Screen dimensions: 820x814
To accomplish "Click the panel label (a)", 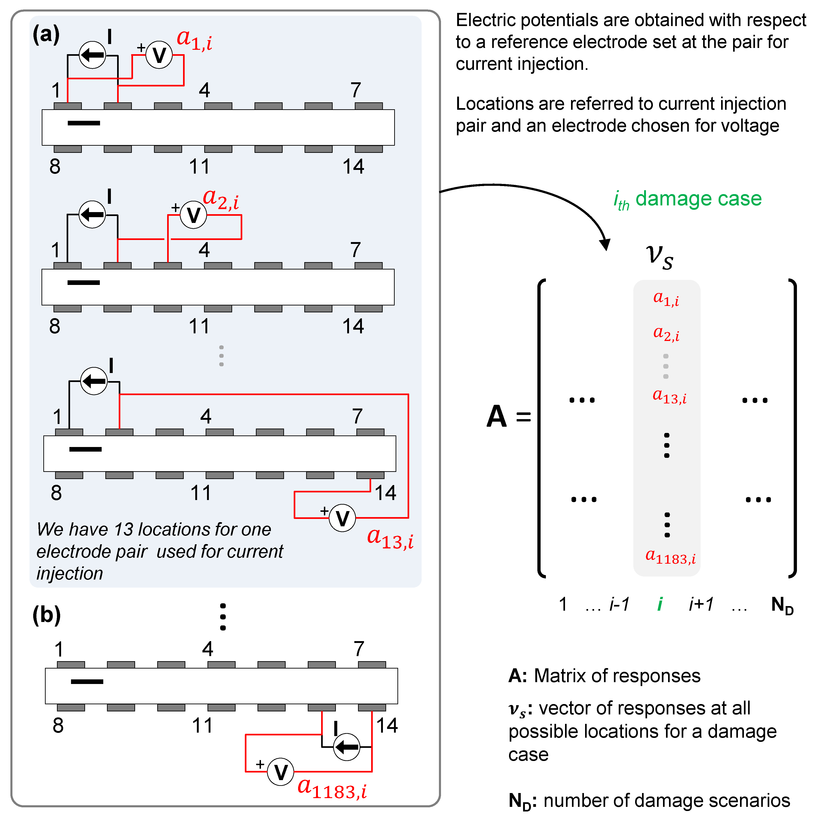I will (46, 34).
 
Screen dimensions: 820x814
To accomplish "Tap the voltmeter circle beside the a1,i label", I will (159, 55).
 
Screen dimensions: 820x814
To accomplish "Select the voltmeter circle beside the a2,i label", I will (193, 215).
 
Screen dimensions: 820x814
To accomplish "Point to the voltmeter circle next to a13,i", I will (343, 518).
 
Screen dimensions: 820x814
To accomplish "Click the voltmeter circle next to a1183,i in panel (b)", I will (281, 772).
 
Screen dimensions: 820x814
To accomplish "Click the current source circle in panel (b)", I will (347, 747).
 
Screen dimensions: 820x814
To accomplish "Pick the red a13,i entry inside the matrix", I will (669, 397).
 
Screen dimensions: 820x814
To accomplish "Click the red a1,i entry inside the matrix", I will (666, 299).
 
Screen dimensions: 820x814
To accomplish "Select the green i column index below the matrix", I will (660, 604).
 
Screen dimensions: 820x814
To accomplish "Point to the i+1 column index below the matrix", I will (701, 604).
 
